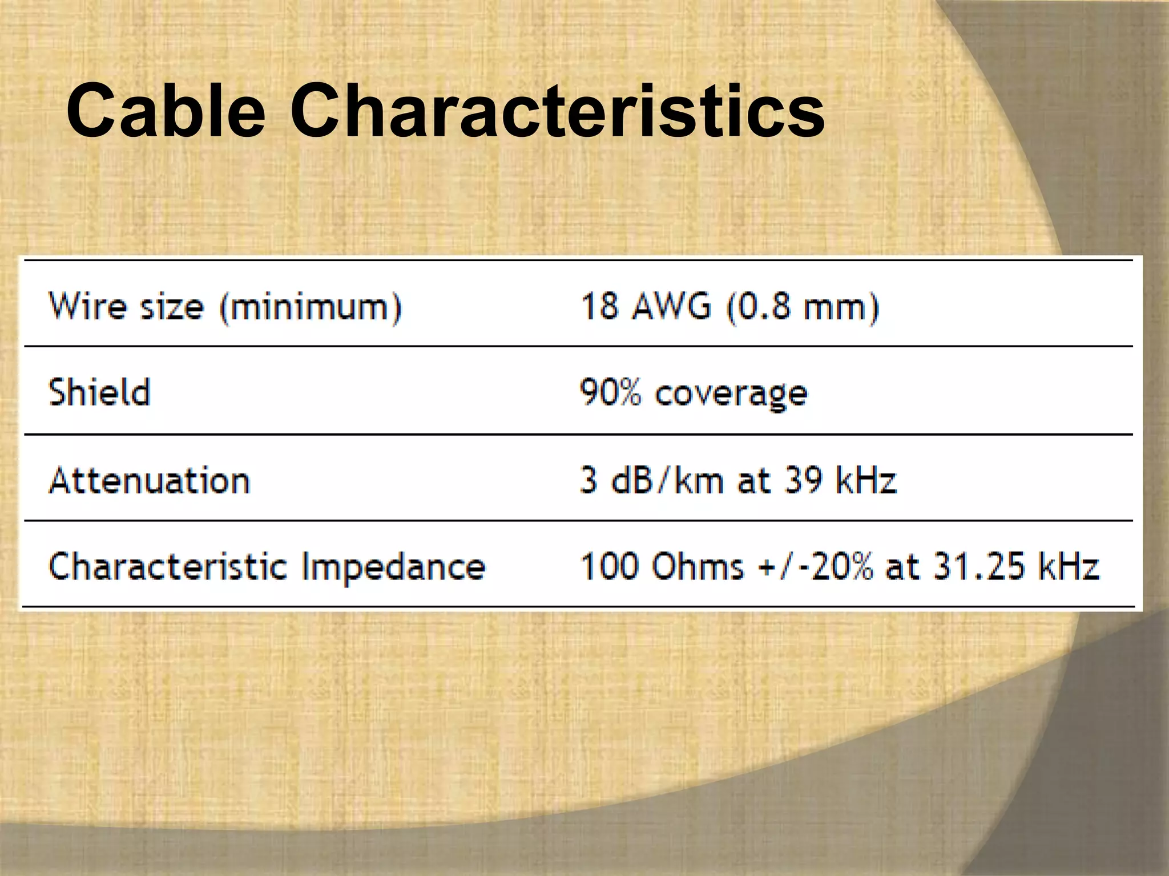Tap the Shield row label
click(100, 393)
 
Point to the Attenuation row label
click(150, 480)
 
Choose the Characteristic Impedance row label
click(267, 567)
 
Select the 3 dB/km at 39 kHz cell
click(738, 480)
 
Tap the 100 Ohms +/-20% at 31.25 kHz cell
click(839, 567)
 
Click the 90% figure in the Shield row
click(610, 393)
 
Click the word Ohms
click(698, 567)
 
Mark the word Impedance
click(393, 568)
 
